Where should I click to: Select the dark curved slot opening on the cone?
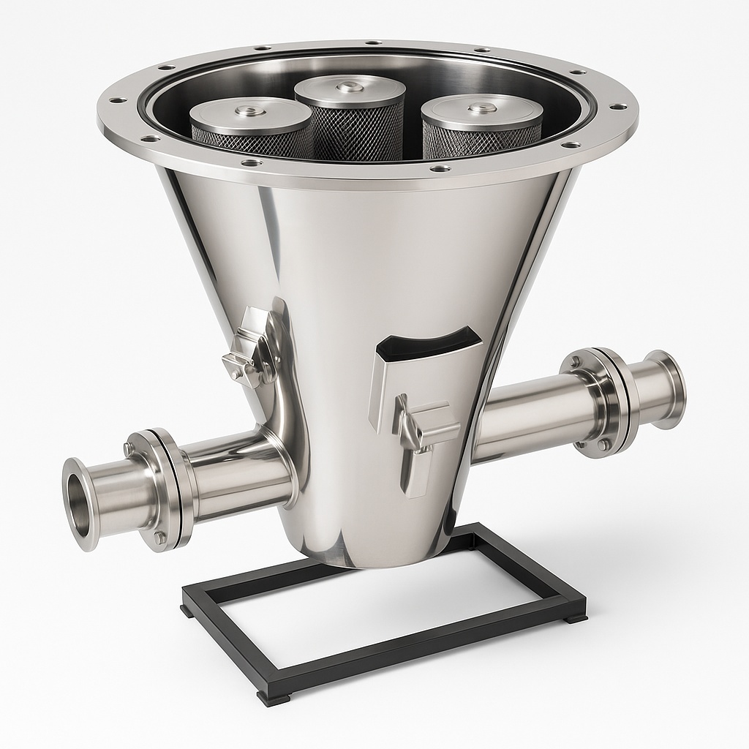[x=432, y=344]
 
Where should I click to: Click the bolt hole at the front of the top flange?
[x=251, y=162]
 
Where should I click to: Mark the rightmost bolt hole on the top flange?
[x=618, y=107]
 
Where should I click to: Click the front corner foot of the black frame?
[x=275, y=696]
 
